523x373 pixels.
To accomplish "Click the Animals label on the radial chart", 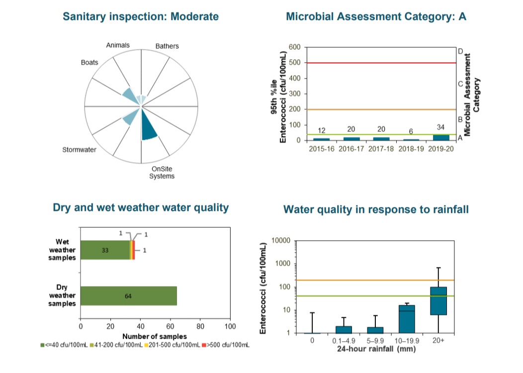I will tap(118, 45).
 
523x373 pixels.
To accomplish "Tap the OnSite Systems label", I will tap(162, 173).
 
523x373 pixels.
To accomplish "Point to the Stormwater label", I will tap(79, 150).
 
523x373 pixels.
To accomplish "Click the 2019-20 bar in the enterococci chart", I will tap(440, 138).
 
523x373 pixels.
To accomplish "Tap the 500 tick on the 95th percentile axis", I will tap(295, 63).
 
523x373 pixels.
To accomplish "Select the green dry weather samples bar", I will tap(128, 296).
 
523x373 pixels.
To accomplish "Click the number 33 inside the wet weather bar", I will tap(105, 250).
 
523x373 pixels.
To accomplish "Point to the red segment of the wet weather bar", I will tap(134, 250).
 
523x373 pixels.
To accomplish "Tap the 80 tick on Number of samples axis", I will tap(200, 327).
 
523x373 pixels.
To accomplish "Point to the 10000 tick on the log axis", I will tap(282, 241).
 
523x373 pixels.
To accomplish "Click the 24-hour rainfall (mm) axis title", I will tap(375, 349).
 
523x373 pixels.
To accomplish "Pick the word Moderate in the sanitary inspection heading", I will tap(194, 16).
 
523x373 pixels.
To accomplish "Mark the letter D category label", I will tap(460, 51).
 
